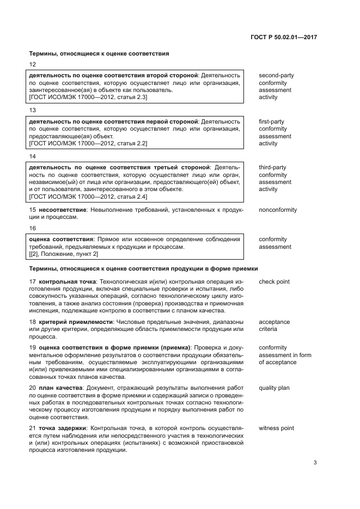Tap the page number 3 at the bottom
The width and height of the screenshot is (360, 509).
tap(315, 463)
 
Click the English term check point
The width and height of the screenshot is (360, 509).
tap(274, 282)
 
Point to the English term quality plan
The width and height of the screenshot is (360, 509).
tap(274, 388)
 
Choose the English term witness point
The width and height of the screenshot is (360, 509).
tap(276, 428)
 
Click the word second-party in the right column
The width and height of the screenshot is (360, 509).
tap(277, 76)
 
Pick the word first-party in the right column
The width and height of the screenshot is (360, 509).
tap(271, 122)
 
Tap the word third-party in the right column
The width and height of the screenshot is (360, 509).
tap(272, 168)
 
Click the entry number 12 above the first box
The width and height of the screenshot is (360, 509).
tap(32, 64)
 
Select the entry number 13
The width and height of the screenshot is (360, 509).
tap(32, 111)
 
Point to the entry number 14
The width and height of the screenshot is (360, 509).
tap(32, 156)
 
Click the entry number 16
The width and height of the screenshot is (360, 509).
tap(32, 228)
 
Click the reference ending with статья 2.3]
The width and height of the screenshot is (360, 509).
tap(88, 97)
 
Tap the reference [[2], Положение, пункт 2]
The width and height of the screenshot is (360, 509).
tap(63, 254)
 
